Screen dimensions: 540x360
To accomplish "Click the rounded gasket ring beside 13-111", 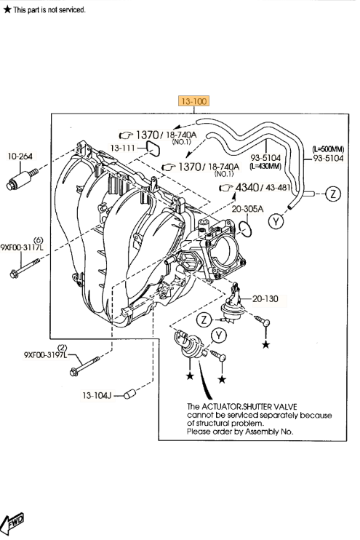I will coord(153,148).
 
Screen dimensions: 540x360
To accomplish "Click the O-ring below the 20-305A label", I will coord(247,229).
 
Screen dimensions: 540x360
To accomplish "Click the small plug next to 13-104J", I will coord(131,394).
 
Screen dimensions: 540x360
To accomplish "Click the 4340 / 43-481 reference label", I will coord(256,187).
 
